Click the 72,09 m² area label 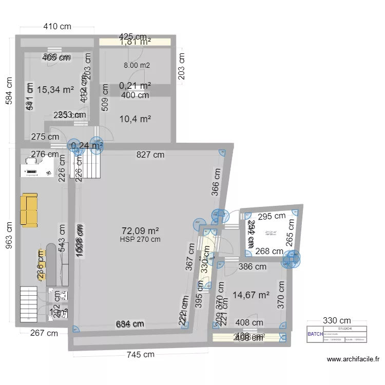pyautogui.click(x=140, y=230)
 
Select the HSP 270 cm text pyautogui.click(x=140, y=239)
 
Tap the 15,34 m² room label pyautogui.click(x=55, y=90)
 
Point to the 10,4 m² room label pyautogui.click(x=135, y=119)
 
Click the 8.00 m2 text pyautogui.click(x=137, y=65)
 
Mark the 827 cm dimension pyautogui.click(x=150, y=154)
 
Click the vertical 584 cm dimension pyautogui.click(x=9, y=91)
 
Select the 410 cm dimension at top pyautogui.click(x=56, y=27)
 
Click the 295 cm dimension pyautogui.click(x=272, y=217)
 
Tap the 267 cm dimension pyautogui.click(x=45, y=333)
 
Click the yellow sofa pyautogui.click(x=29, y=209)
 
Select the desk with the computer pyautogui.click(x=36, y=167)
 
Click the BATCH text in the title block pyautogui.click(x=315, y=333)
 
